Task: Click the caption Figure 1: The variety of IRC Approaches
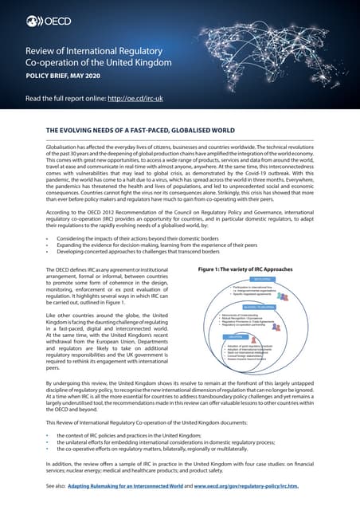(x=248, y=270)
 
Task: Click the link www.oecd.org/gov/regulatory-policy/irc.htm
(x=262, y=485)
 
